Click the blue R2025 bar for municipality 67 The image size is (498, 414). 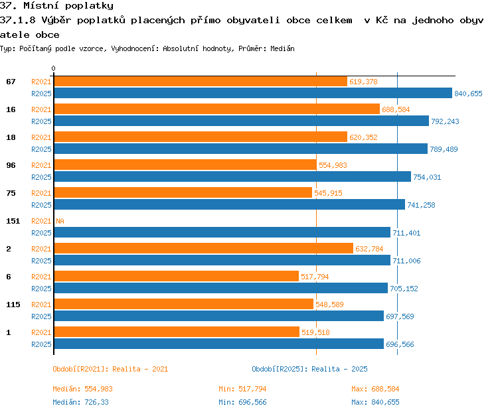point(253,93)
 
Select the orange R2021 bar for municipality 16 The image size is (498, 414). point(217,109)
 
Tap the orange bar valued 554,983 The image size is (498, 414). point(185,165)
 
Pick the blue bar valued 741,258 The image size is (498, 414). point(230,204)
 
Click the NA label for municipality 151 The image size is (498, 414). point(60,221)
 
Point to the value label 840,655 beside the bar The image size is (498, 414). point(468,94)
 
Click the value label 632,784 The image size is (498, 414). point(369,249)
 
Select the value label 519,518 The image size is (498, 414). point(315,332)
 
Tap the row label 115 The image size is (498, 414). point(13,305)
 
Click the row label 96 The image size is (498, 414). point(11,165)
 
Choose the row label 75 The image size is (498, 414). point(11,193)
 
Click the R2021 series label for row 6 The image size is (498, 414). point(41,277)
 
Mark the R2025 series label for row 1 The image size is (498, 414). point(41,344)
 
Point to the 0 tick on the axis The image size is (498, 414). point(53,68)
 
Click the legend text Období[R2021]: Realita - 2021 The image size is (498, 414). point(110,369)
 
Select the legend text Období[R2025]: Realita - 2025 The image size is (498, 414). point(309,369)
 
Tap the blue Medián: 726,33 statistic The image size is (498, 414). point(80,402)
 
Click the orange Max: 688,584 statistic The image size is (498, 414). point(375,389)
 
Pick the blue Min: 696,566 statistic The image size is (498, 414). point(242,402)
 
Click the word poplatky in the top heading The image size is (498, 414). point(89,6)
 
